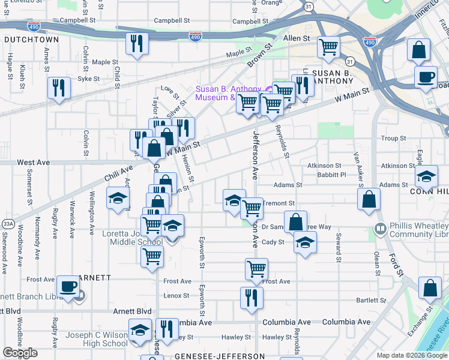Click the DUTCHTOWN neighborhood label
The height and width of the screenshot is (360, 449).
point(31,39)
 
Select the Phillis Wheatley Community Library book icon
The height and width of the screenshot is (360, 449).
point(379,229)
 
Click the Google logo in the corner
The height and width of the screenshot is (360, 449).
point(20,353)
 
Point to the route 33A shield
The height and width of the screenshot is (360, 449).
point(8,224)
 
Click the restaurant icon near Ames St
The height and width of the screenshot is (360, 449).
point(59,88)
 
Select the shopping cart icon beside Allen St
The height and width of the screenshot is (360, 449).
point(328,46)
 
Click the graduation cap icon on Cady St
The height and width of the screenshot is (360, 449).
point(305,242)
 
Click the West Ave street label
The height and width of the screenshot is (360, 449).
point(33,163)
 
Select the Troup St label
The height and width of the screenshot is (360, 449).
point(393,138)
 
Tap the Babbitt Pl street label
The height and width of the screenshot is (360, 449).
point(335,175)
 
